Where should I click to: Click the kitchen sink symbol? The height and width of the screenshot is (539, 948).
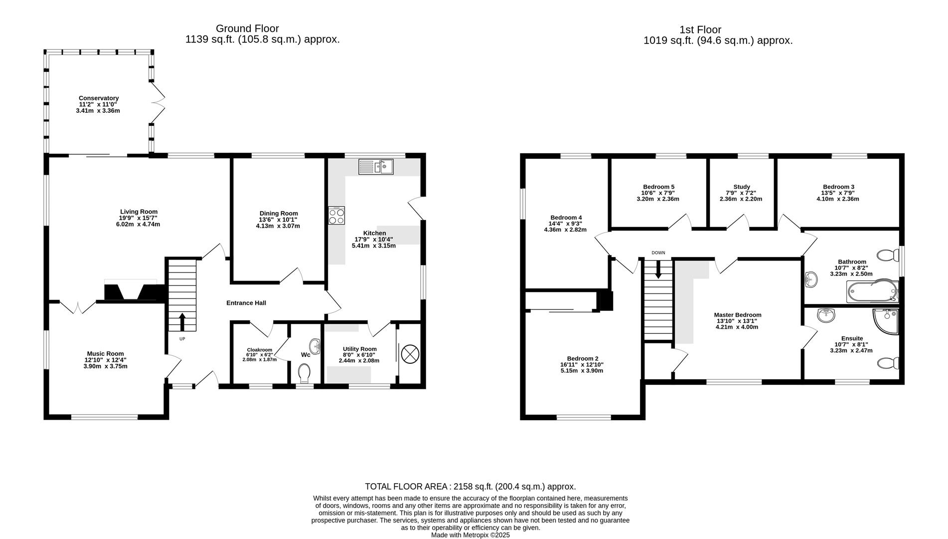tap(376, 167)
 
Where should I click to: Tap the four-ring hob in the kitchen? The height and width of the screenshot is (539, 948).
tap(336, 216)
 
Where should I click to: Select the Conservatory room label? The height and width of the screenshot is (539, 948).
tap(98, 98)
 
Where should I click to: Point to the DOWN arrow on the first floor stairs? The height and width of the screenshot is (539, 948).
tap(658, 270)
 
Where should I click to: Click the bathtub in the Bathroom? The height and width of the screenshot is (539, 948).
tap(872, 291)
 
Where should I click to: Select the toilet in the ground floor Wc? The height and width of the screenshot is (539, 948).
tap(304, 372)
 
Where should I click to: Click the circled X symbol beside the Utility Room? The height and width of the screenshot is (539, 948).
tap(410, 355)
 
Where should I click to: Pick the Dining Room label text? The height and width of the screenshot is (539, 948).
tap(278, 213)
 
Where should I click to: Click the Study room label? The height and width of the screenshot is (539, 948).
tap(741, 187)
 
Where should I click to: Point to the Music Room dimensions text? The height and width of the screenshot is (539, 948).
tap(105, 363)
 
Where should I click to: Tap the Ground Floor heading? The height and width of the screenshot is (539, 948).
tap(247, 28)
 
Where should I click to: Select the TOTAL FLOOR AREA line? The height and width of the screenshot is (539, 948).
tap(470, 486)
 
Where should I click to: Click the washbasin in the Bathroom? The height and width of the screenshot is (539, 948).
tap(811, 278)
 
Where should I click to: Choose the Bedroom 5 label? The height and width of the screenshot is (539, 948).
tap(658, 187)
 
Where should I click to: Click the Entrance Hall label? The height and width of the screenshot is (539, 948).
tap(246, 303)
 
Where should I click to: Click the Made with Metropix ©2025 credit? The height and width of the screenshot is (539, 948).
tap(470, 535)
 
